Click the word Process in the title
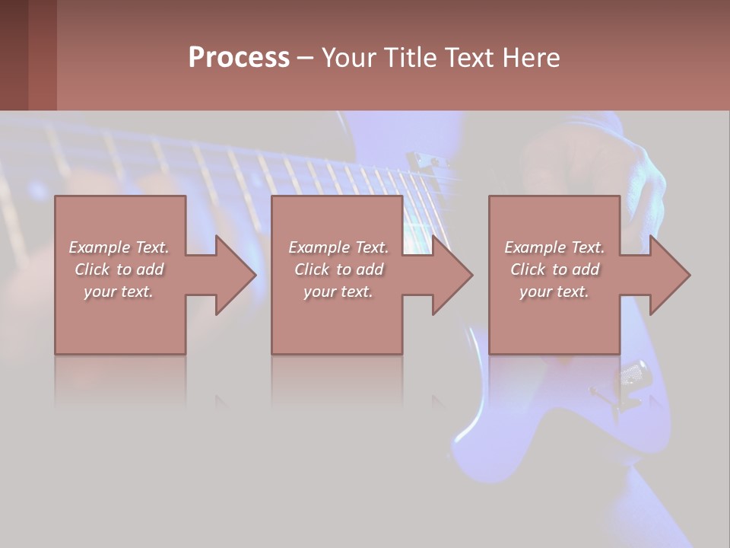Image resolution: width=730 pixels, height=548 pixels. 239,58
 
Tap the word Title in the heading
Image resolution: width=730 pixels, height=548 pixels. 409,58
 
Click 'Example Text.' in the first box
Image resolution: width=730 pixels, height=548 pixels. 119,247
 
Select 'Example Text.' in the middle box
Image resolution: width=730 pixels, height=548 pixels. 338,247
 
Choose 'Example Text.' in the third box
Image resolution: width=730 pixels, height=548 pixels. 554,247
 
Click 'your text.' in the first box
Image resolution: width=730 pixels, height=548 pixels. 119,292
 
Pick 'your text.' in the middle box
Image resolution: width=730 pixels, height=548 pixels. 338,292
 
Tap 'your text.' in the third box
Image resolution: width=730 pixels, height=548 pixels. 554,292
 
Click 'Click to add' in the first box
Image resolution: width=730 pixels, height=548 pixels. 119,269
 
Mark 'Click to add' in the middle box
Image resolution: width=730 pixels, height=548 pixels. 338,269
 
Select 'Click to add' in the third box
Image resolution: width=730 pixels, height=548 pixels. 554,269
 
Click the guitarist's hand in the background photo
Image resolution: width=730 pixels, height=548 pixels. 593,167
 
